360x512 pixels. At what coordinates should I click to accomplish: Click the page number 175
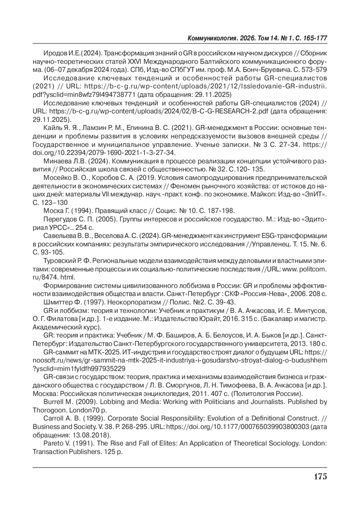[320, 476]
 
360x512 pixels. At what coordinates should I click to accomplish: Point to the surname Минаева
[56, 161]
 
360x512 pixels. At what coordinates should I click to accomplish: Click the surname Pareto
[52, 443]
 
